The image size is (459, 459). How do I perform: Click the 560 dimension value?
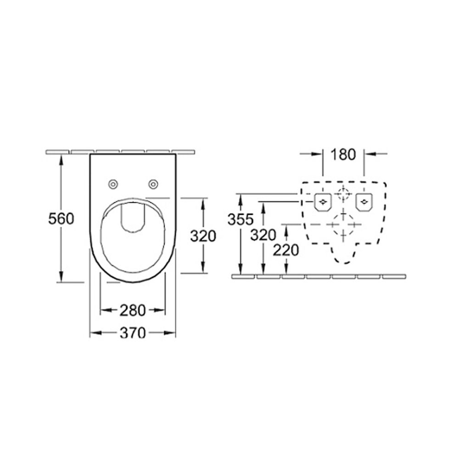click(x=61, y=218)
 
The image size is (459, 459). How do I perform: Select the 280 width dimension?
click(x=132, y=310)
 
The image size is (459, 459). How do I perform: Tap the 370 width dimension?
click(x=133, y=333)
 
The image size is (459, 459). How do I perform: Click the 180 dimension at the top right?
click(x=343, y=155)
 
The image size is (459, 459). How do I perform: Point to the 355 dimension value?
click(x=241, y=219)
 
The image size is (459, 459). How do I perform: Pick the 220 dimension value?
click(x=286, y=250)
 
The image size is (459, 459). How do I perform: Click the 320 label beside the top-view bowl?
click(x=203, y=236)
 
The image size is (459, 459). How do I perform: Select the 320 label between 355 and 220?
click(x=263, y=235)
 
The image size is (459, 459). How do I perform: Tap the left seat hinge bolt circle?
click(x=113, y=184)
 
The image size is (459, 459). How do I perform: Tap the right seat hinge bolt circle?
click(x=153, y=184)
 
